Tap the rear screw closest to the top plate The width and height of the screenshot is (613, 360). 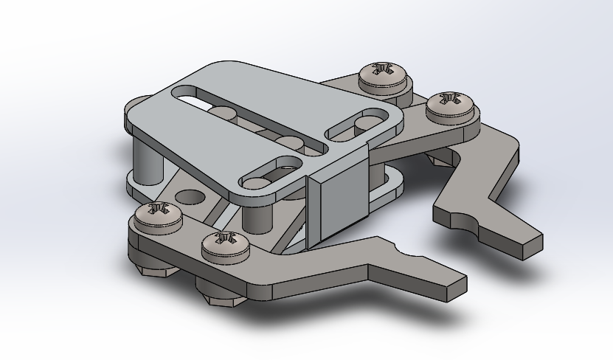click(382, 75)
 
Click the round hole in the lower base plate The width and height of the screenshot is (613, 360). click(191, 198)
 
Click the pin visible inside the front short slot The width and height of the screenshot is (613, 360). click(258, 180)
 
